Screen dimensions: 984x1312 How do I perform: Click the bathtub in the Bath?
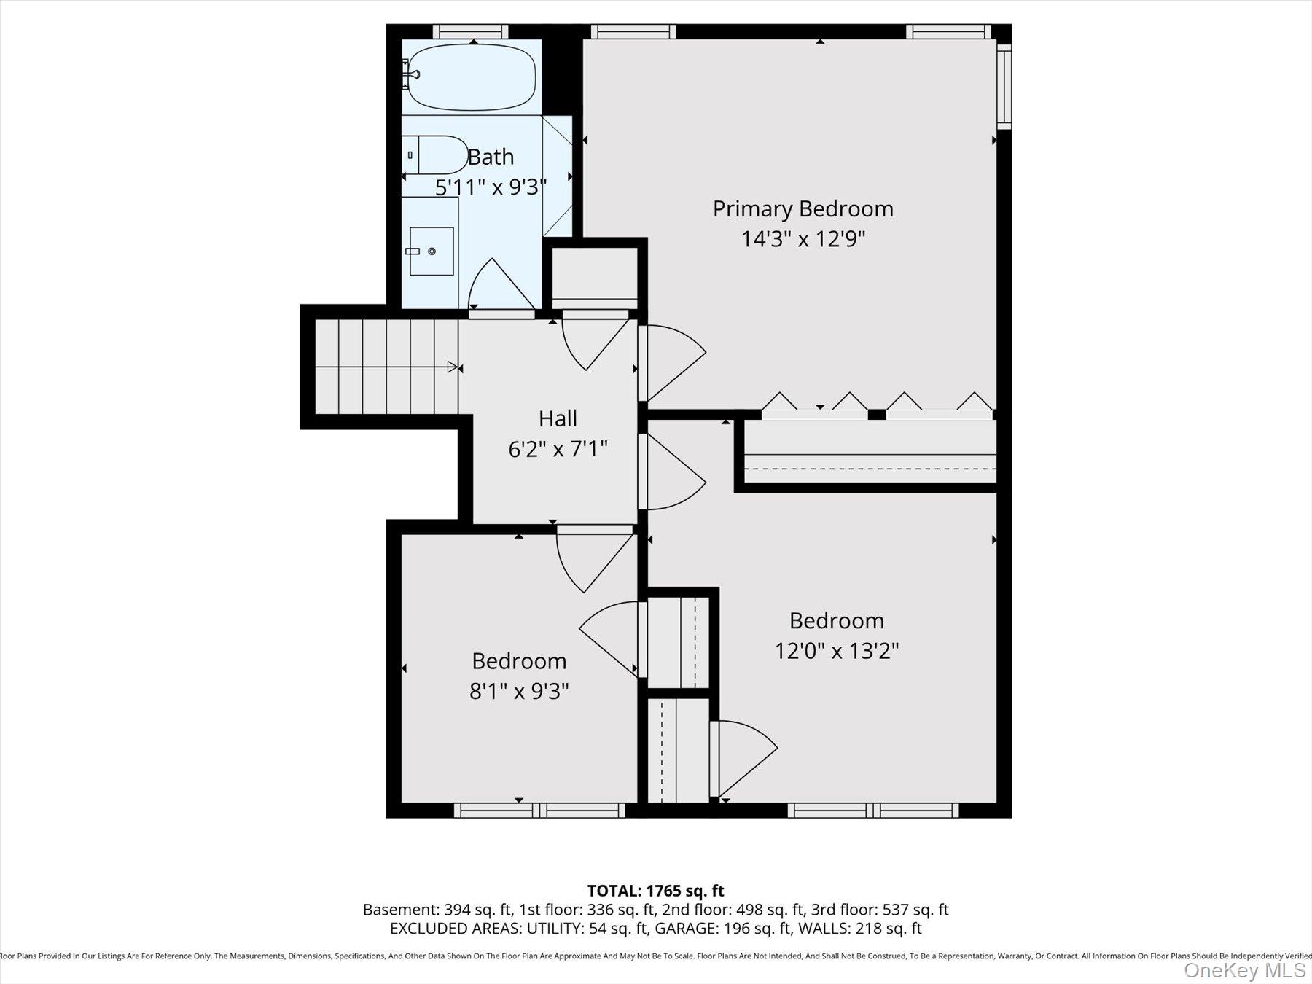[472, 78]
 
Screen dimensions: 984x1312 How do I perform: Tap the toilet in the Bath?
[437, 155]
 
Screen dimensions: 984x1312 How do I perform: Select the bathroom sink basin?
[431, 251]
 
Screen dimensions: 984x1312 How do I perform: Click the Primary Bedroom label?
[803, 209]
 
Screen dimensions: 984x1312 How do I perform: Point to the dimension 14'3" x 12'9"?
[803, 239]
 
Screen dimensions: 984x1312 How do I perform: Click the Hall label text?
[558, 418]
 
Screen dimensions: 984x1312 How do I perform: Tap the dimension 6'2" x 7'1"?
[558, 449]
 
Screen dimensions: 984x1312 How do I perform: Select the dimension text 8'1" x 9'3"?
[518, 691]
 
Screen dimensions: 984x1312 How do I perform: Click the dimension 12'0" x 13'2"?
[836, 650]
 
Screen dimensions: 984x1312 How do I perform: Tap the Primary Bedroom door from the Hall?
[671, 363]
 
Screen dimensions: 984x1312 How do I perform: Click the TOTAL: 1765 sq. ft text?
[655, 891]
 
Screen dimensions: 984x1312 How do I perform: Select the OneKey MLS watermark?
[1244, 970]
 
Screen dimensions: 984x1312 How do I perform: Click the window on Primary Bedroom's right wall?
[1004, 86]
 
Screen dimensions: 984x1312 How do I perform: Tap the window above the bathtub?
[470, 31]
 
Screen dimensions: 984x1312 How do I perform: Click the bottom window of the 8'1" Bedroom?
[539, 810]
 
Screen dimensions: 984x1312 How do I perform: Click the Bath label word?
[491, 157]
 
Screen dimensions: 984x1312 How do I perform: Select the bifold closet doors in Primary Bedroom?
[877, 405]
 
